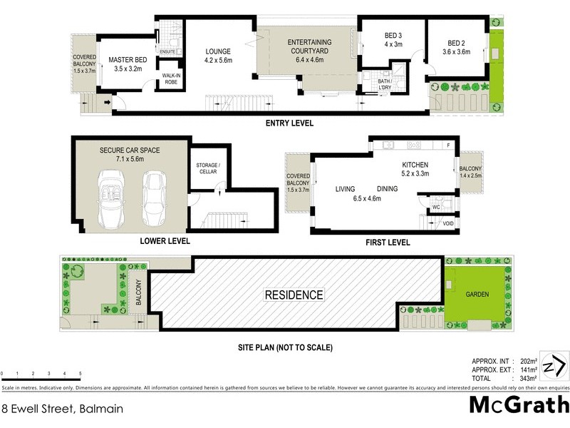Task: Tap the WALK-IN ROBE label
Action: point(171,78)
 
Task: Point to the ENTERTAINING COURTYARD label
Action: point(309,47)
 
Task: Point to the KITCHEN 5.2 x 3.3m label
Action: point(414,169)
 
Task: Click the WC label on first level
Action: point(435,208)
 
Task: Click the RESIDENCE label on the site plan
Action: point(294,295)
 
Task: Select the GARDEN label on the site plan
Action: point(476,293)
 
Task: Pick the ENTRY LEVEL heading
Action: point(289,123)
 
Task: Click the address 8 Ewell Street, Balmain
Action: point(62,409)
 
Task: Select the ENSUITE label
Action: point(168,51)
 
